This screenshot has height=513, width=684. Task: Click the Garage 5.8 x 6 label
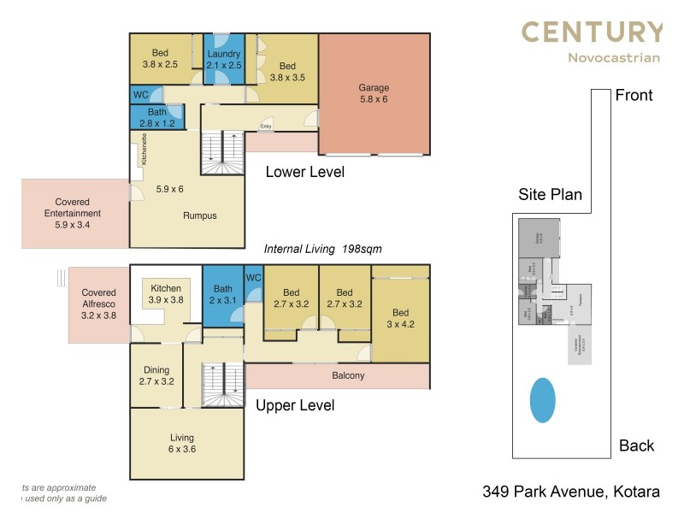(374, 93)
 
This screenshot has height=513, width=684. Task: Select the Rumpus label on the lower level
(199, 215)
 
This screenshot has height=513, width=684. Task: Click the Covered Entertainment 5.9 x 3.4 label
(72, 214)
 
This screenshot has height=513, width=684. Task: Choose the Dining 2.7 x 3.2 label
(156, 375)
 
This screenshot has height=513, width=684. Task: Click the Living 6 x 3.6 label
(181, 444)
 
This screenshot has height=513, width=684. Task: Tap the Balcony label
(348, 375)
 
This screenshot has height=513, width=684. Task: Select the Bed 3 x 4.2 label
(401, 318)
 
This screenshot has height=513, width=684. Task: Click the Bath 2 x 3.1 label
(222, 295)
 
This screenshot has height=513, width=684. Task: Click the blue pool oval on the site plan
(542, 400)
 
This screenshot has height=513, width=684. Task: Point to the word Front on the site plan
(634, 95)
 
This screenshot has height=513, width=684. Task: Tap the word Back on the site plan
(636, 445)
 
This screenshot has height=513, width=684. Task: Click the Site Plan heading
(550, 194)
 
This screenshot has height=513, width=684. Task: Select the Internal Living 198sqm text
(322, 249)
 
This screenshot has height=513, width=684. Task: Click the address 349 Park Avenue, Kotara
(570, 492)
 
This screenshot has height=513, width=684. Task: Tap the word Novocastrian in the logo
(613, 58)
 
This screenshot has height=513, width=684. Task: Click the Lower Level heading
(304, 172)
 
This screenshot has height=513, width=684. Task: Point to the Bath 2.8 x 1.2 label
(156, 117)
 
